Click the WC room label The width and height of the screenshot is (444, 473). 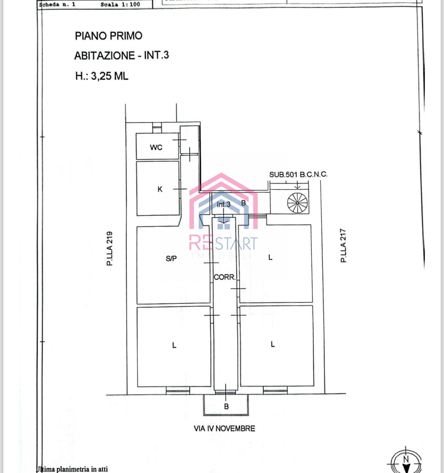pos(156,148)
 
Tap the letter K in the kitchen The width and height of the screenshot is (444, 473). pos(160,189)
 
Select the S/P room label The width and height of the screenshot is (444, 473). pos(171,258)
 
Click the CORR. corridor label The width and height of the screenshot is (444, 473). pos(224,277)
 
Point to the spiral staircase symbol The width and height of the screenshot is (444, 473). pos(297,203)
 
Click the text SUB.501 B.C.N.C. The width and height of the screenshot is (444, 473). pos(298,175)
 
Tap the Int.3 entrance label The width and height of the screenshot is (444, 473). pos(223,205)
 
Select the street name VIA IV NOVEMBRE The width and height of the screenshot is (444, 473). pos(224,429)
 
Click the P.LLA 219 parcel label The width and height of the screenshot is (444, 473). pos(110,248)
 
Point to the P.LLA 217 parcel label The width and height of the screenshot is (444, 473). pos(343,245)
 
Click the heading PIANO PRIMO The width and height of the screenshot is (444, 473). pos(109,36)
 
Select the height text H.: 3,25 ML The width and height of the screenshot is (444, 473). pos(102,76)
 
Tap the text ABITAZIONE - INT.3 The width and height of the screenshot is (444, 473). pos(121,56)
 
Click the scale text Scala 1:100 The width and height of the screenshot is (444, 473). pos(120,4)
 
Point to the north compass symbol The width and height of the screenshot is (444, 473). pos(406,462)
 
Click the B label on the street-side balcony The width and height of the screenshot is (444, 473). pos(226,407)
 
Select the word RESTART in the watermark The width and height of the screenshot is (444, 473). pos(223,243)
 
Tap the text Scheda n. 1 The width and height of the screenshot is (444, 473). pos(57,4)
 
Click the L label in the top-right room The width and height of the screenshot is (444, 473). pos(270,257)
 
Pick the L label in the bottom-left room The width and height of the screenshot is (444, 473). pos(174,345)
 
